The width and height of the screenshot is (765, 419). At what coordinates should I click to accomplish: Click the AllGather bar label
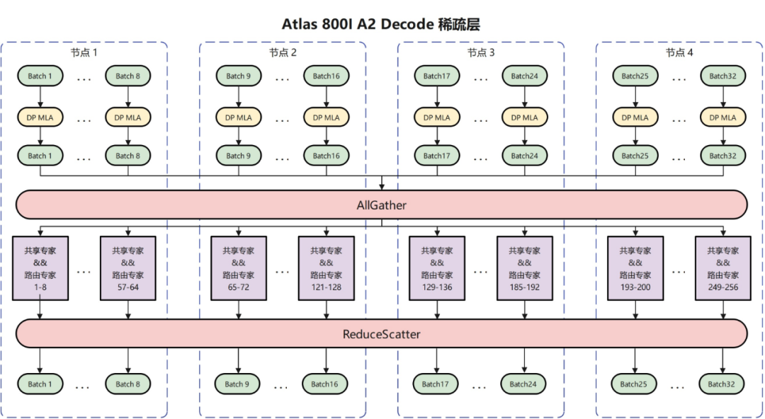pyautogui.click(x=382, y=205)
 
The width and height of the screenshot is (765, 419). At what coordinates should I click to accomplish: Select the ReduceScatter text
pyautogui.click(x=382, y=334)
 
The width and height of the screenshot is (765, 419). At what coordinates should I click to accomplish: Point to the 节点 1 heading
pyautogui.click(x=84, y=52)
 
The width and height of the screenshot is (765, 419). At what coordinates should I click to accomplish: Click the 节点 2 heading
pyautogui.click(x=283, y=52)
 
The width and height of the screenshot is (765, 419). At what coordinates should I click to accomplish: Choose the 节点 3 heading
pyautogui.click(x=481, y=52)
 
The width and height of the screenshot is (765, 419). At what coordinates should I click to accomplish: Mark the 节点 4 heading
pyautogui.click(x=679, y=52)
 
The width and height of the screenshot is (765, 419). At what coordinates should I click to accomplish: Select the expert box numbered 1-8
pyautogui.click(x=40, y=268)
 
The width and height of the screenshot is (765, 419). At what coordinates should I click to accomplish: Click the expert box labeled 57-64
pyautogui.click(x=127, y=268)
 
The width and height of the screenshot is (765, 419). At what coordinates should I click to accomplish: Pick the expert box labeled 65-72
pyautogui.click(x=239, y=268)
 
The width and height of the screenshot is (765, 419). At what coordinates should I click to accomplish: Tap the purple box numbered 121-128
pyautogui.click(x=327, y=268)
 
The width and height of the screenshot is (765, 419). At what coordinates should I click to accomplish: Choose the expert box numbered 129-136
pyautogui.click(x=437, y=268)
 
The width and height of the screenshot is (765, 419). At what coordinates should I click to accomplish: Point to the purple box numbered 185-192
pyautogui.click(x=525, y=268)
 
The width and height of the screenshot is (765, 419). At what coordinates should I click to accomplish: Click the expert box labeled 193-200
pyautogui.click(x=635, y=268)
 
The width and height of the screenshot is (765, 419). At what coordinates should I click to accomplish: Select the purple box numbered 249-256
pyautogui.click(x=723, y=268)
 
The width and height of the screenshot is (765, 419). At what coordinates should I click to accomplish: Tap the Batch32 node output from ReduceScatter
pyautogui.click(x=721, y=384)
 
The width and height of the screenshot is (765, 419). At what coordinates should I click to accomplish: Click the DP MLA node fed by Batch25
pyautogui.click(x=635, y=117)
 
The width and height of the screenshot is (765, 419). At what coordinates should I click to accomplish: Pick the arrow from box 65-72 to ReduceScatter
pyautogui.click(x=239, y=310)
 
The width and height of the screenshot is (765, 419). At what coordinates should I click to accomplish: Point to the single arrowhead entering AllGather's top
pyautogui.click(x=382, y=187)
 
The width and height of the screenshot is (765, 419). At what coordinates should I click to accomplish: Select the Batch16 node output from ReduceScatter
pyautogui.click(x=324, y=384)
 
